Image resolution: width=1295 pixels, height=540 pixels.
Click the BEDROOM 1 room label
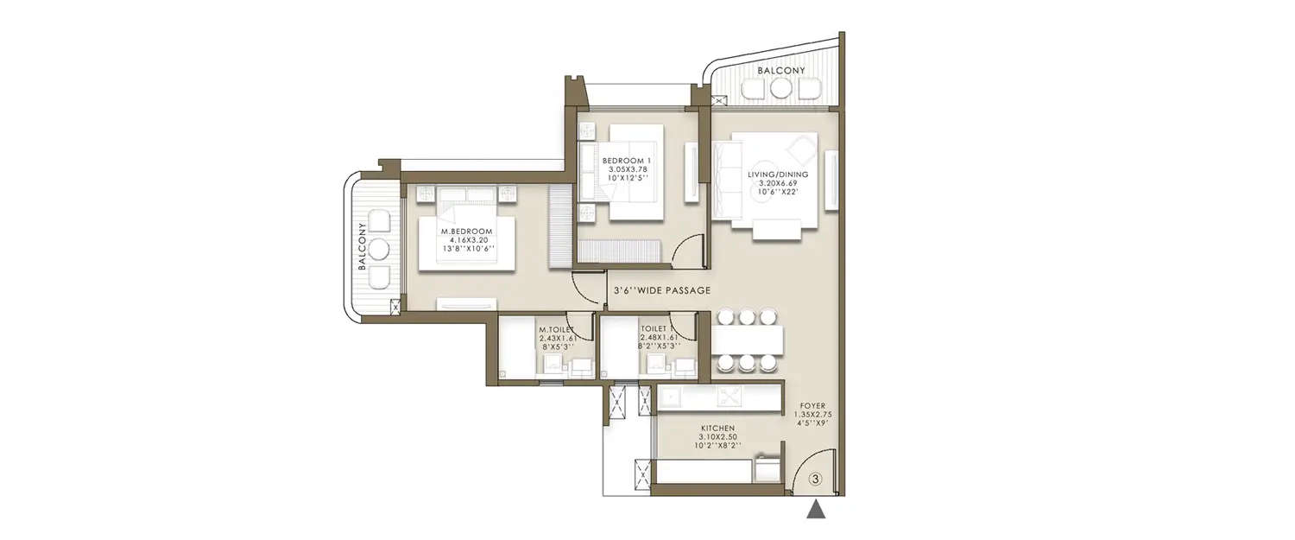click(x=626, y=161)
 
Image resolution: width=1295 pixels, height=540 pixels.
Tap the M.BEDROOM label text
click(x=466, y=232)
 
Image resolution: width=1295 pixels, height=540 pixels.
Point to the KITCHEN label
click(x=717, y=428)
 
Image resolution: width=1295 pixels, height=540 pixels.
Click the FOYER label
click(x=812, y=404)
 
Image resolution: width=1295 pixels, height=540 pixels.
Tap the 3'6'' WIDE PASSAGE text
click(x=661, y=291)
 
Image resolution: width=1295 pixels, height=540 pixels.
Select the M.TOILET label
click(x=553, y=329)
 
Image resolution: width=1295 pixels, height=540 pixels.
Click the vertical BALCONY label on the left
click(x=363, y=246)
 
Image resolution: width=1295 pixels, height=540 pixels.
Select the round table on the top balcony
click(x=781, y=88)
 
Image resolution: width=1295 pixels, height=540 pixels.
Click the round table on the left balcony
click(x=379, y=250)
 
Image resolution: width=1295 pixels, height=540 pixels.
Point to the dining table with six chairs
click(x=748, y=340)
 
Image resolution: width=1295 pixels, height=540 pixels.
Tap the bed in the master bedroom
click(x=466, y=242)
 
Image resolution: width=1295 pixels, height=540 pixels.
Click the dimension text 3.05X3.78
click(x=626, y=170)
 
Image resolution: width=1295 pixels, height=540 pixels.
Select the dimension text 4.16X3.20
click(x=466, y=241)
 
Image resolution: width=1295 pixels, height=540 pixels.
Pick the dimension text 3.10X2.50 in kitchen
click(x=717, y=438)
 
